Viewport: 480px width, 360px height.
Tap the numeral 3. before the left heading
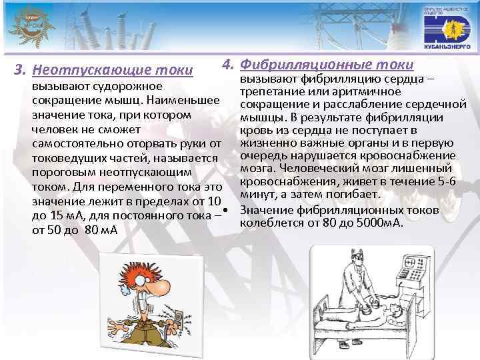[x=21, y=69]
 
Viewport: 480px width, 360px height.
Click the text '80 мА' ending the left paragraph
[x=101, y=230]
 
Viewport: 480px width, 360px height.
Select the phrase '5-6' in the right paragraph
[x=443, y=182]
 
